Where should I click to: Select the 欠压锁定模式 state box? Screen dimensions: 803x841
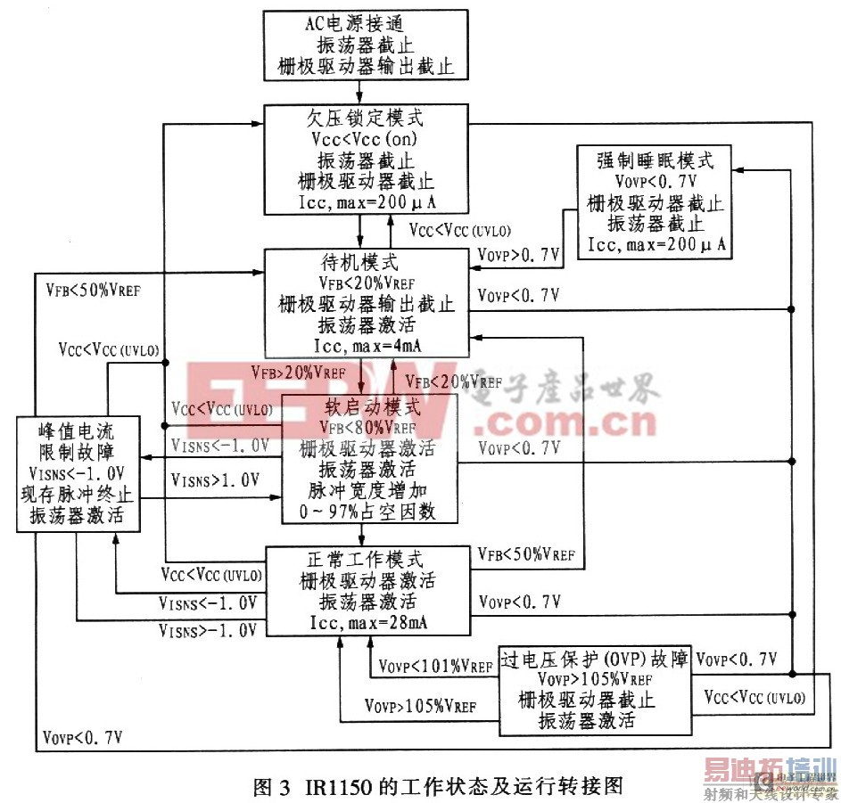[x=366, y=160]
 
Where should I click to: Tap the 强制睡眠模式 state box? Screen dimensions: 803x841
[x=654, y=201]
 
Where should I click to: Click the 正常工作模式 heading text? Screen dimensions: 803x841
[x=365, y=561]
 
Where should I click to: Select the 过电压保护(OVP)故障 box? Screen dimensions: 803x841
[x=595, y=691]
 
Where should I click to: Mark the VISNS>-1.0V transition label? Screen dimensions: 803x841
[x=208, y=630]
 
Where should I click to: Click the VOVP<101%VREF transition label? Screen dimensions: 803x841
[x=435, y=666]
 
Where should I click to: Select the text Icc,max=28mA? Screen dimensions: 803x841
[x=365, y=621]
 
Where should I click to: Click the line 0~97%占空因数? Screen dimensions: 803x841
[x=367, y=512]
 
